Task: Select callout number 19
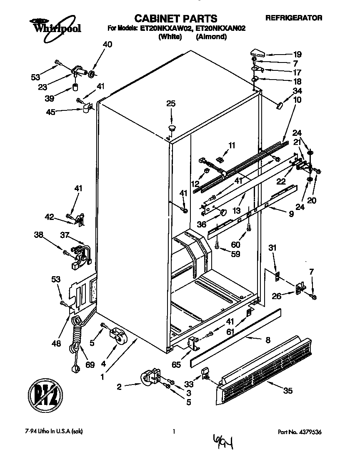click(x=297, y=54)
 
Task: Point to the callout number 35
click(x=287, y=390)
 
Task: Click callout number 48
click(x=56, y=343)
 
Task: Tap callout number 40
click(x=107, y=45)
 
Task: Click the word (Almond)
click(x=211, y=37)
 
